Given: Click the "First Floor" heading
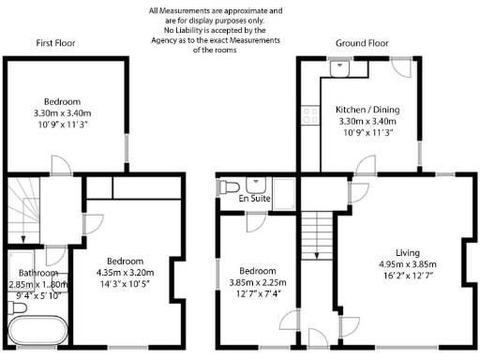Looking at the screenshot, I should [x=55, y=43].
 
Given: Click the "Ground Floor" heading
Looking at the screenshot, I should [x=362, y=43].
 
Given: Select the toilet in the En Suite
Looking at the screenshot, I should [x=225, y=187].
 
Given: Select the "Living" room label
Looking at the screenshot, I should [x=407, y=252].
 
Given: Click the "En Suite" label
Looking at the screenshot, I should [x=253, y=199].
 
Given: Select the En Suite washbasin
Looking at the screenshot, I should [x=254, y=184].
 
